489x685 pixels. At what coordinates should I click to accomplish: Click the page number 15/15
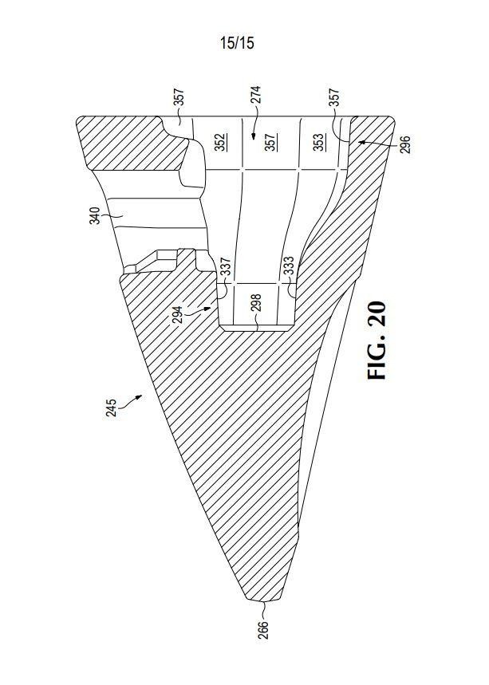[237, 43]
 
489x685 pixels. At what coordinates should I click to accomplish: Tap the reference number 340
[95, 215]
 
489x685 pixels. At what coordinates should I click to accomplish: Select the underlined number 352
[220, 142]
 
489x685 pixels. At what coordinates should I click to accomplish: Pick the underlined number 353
[319, 142]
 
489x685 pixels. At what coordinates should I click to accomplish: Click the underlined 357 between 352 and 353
[270, 142]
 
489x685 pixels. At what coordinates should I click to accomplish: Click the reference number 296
[405, 145]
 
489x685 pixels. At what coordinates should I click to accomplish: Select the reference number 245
[112, 407]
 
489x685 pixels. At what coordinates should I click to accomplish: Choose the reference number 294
[177, 313]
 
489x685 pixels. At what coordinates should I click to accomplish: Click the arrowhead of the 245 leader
[140, 396]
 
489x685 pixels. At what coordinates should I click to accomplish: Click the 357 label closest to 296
[333, 98]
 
